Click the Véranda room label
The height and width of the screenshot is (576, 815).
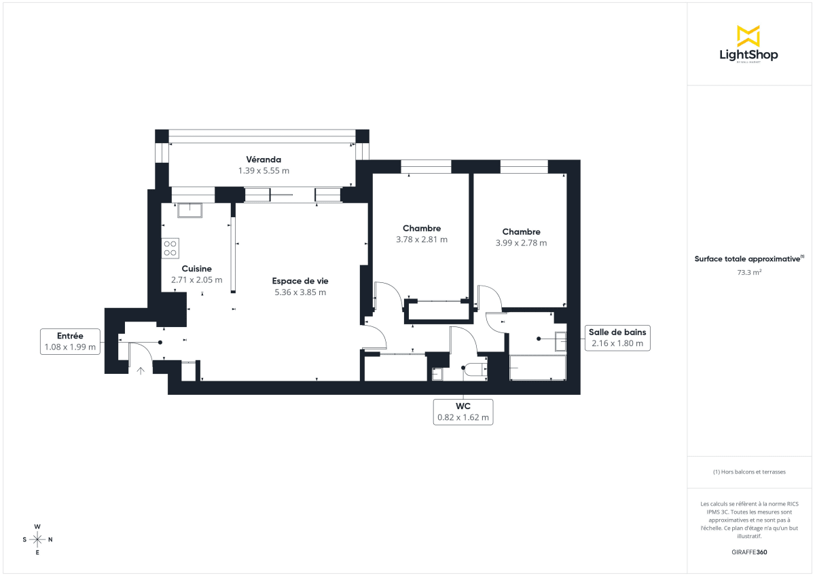point(264,159)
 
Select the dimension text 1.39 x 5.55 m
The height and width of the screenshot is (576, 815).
point(264,171)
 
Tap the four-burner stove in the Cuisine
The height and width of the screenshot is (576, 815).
point(170,248)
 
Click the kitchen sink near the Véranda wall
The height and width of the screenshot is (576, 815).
point(189,210)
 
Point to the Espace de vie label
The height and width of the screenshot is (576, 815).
point(300,281)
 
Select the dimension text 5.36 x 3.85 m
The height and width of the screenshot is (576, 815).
point(300,292)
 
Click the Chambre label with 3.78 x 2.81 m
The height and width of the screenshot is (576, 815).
point(421,228)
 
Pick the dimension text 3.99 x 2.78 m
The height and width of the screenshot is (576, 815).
point(521,242)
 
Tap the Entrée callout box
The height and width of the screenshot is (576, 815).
point(71,341)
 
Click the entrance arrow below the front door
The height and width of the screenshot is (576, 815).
point(141,370)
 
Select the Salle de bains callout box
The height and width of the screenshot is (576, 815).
point(618,338)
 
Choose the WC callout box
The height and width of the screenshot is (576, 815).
point(463,412)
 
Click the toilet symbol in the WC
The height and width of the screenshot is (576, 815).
point(475,369)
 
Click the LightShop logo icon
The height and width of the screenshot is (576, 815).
point(748,36)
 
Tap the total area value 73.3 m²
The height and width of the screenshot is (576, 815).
point(748,273)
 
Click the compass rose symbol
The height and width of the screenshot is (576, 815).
point(37,539)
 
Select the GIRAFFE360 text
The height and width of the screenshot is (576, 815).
point(748,552)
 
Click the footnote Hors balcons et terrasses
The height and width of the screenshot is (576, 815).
point(748,472)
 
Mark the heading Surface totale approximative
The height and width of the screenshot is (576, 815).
point(748,258)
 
